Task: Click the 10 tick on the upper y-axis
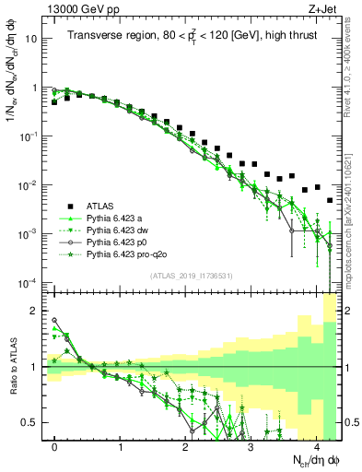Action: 32,40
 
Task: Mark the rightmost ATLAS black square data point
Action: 330,200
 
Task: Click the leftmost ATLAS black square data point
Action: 54,102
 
